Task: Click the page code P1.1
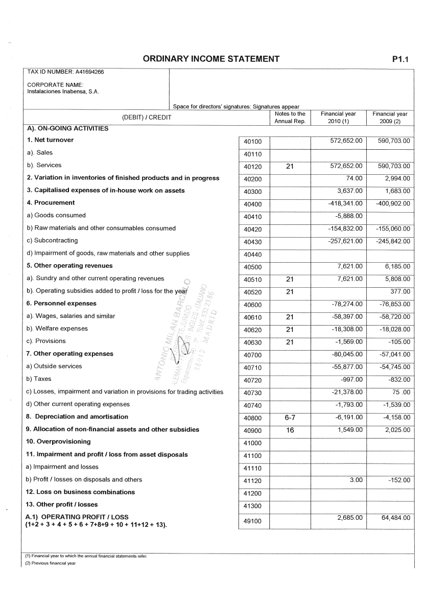point(401,59)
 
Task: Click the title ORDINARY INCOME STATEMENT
point(211,59)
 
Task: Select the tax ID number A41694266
point(65,72)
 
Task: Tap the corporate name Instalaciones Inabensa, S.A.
point(63,92)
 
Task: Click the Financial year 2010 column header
point(338,118)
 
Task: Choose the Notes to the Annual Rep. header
point(290,118)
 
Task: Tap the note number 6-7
point(290,418)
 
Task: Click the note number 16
point(290,430)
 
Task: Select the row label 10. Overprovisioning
point(58,442)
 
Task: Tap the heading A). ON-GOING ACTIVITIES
point(67,128)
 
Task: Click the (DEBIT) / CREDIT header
point(146,118)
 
